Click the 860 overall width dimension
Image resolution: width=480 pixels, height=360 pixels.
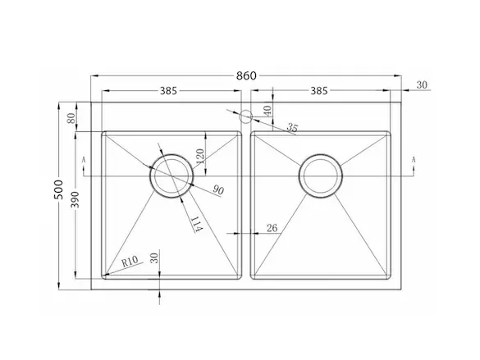click(x=246, y=75)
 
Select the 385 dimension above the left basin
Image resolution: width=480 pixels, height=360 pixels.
click(x=169, y=91)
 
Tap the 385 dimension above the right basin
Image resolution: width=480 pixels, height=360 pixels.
click(x=319, y=91)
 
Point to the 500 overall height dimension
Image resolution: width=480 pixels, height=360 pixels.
click(x=58, y=189)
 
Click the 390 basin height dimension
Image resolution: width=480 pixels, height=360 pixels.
click(x=75, y=199)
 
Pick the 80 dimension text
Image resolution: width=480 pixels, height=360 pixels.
click(x=71, y=118)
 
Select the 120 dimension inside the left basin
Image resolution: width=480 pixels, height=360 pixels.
click(x=199, y=156)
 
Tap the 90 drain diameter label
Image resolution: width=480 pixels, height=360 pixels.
click(x=218, y=190)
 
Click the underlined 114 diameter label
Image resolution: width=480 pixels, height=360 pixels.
click(x=196, y=224)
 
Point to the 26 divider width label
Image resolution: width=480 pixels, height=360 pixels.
click(x=272, y=228)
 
